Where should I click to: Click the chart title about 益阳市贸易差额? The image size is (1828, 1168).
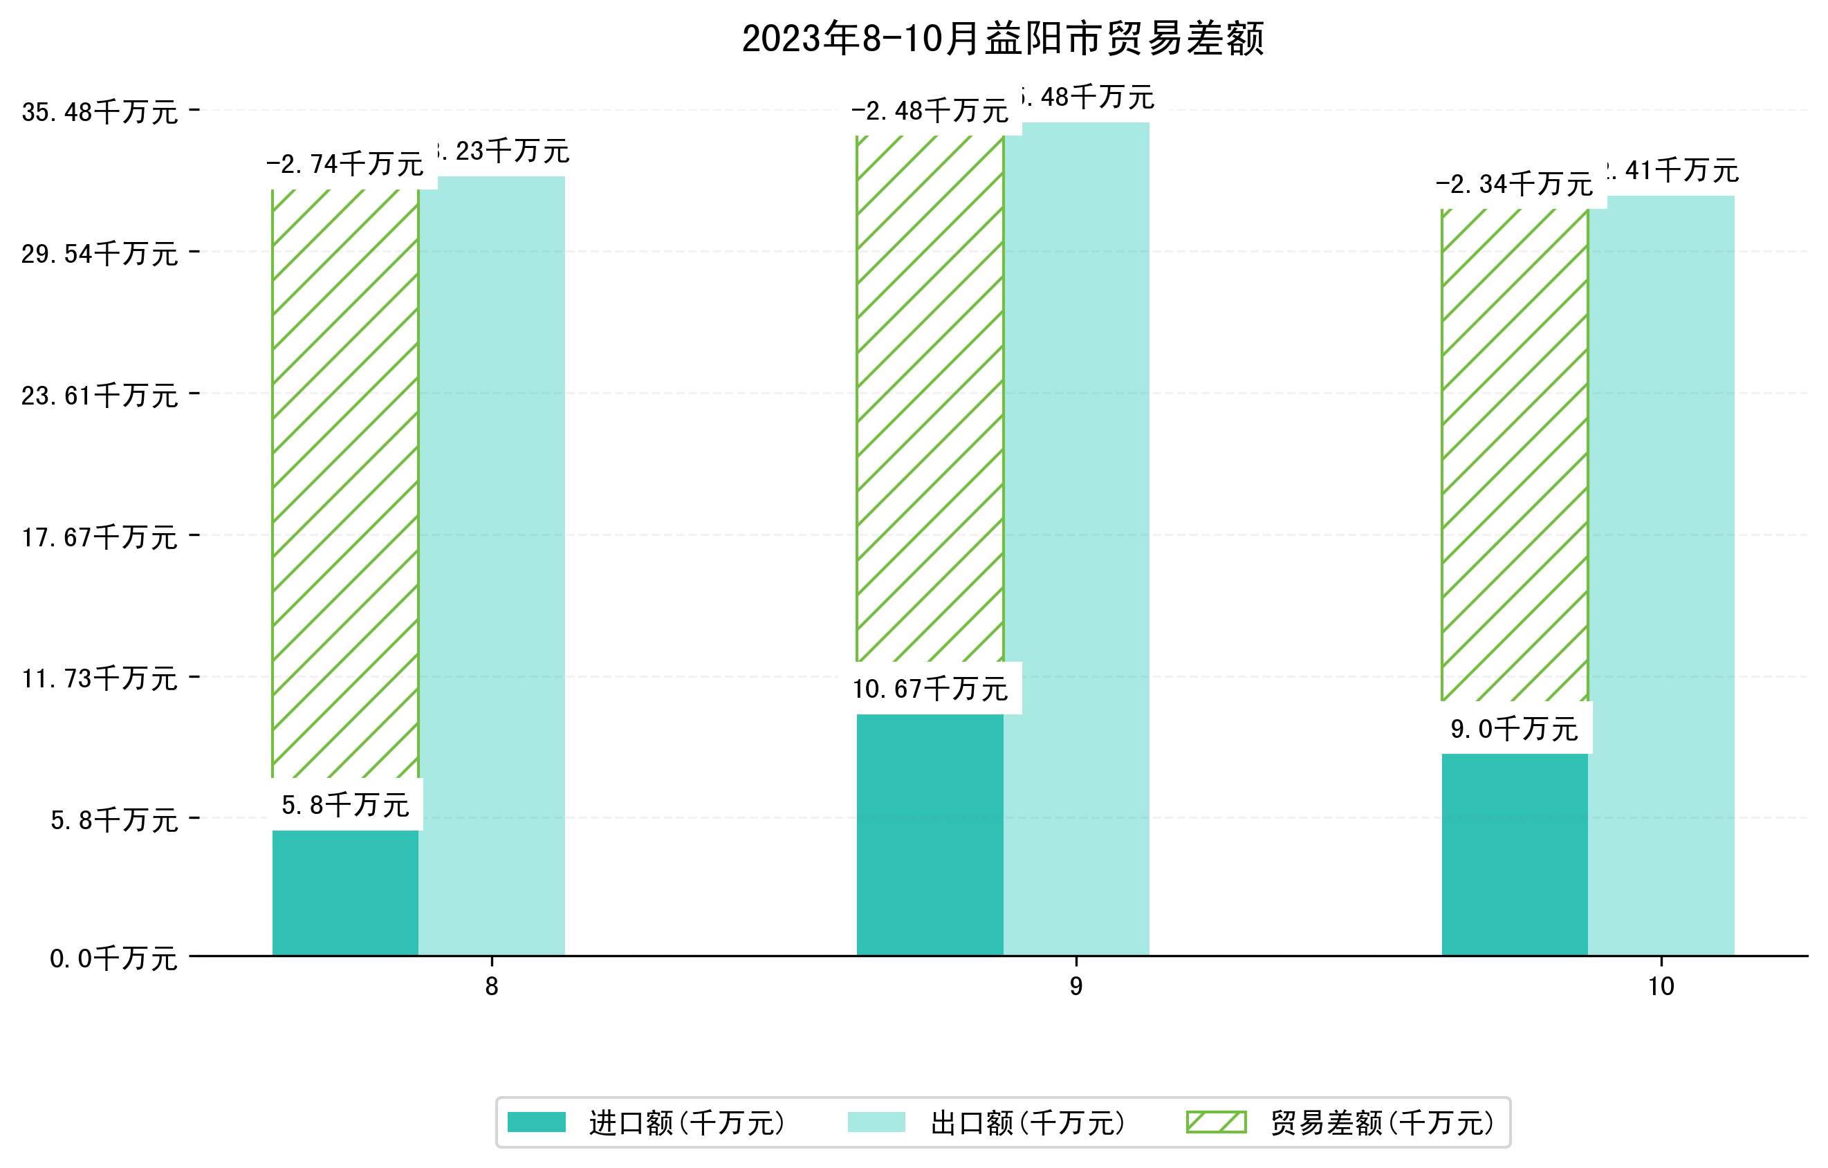pyautogui.click(x=1002, y=39)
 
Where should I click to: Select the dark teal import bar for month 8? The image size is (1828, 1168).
pyautogui.click(x=345, y=893)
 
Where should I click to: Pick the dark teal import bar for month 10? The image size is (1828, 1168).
pyautogui.click(x=1515, y=855)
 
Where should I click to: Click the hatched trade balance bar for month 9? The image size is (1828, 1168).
pyautogui.click(x=930, y=398)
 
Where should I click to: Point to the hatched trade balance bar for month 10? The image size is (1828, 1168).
pyautogui.click(x=1515, y=455)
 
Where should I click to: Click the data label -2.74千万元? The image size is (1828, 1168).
pyautogui.click(x=345, y=164)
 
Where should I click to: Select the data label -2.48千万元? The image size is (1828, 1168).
pyautogui.click(x=930, y=111)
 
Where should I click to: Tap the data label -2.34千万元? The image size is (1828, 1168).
pyautogui.click(x=1515, y=184)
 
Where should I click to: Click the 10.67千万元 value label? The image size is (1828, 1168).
pyautogui.click(x=931, y=688)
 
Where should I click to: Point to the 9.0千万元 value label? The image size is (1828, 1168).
pyautogui.click(x=1515, y=729)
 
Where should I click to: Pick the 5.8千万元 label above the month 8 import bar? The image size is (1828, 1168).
pyautogui.click(x=345, y=804)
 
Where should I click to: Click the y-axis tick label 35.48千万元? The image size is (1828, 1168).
pyautogui.click(x=100, y=112)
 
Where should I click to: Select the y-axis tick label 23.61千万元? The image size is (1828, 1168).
pyautogui.click(x=100, y=396)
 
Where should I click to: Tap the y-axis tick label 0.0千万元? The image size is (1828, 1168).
pyautogui.click(x=113, y=958)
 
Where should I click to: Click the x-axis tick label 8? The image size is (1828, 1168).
pyautogui.click(x=492, y=987)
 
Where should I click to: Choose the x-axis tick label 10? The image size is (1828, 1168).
pyautogui.click(x=1661, y=987)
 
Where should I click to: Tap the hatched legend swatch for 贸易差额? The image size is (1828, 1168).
pyautogui.click(x=1216, y=1122)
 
